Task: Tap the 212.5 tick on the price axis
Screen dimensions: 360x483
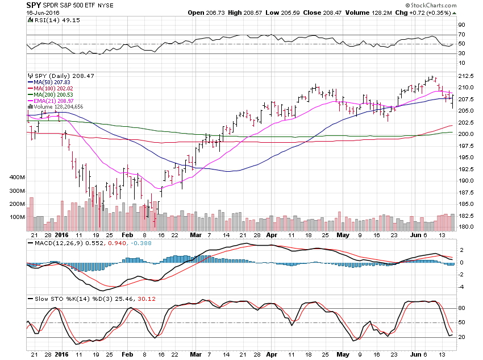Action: pos(466,76)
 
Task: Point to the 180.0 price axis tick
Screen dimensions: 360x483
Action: pos(466,227)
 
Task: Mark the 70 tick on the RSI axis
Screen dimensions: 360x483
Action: pos(462,35)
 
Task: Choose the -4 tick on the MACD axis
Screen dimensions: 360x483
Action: pos(462,287)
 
